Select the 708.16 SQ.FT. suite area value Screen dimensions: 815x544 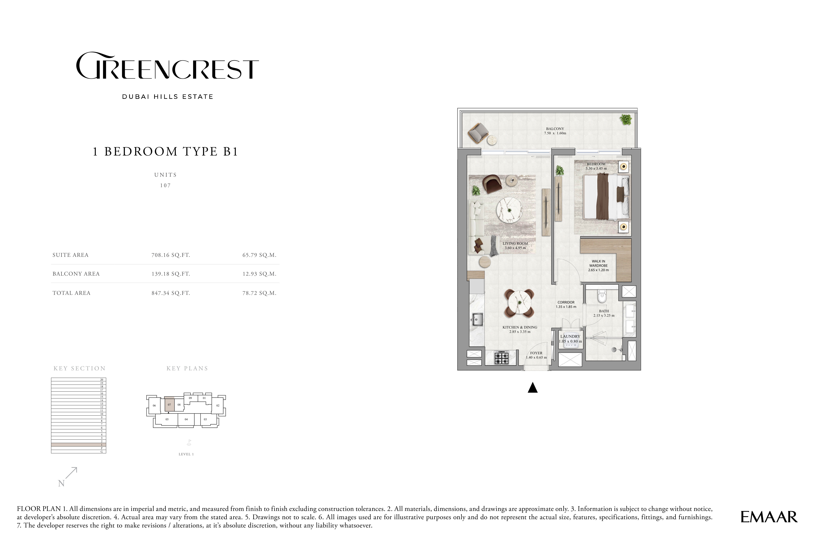tap(171, 255)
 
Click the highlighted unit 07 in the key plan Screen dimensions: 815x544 tap(169, 404)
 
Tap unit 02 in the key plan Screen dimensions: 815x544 tap(218, 405)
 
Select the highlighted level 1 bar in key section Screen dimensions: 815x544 tap(78, 444)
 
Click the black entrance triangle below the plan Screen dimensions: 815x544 tap(533, 388)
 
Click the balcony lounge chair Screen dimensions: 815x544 tap(478, 134)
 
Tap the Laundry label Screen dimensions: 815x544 tap(570, 337)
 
